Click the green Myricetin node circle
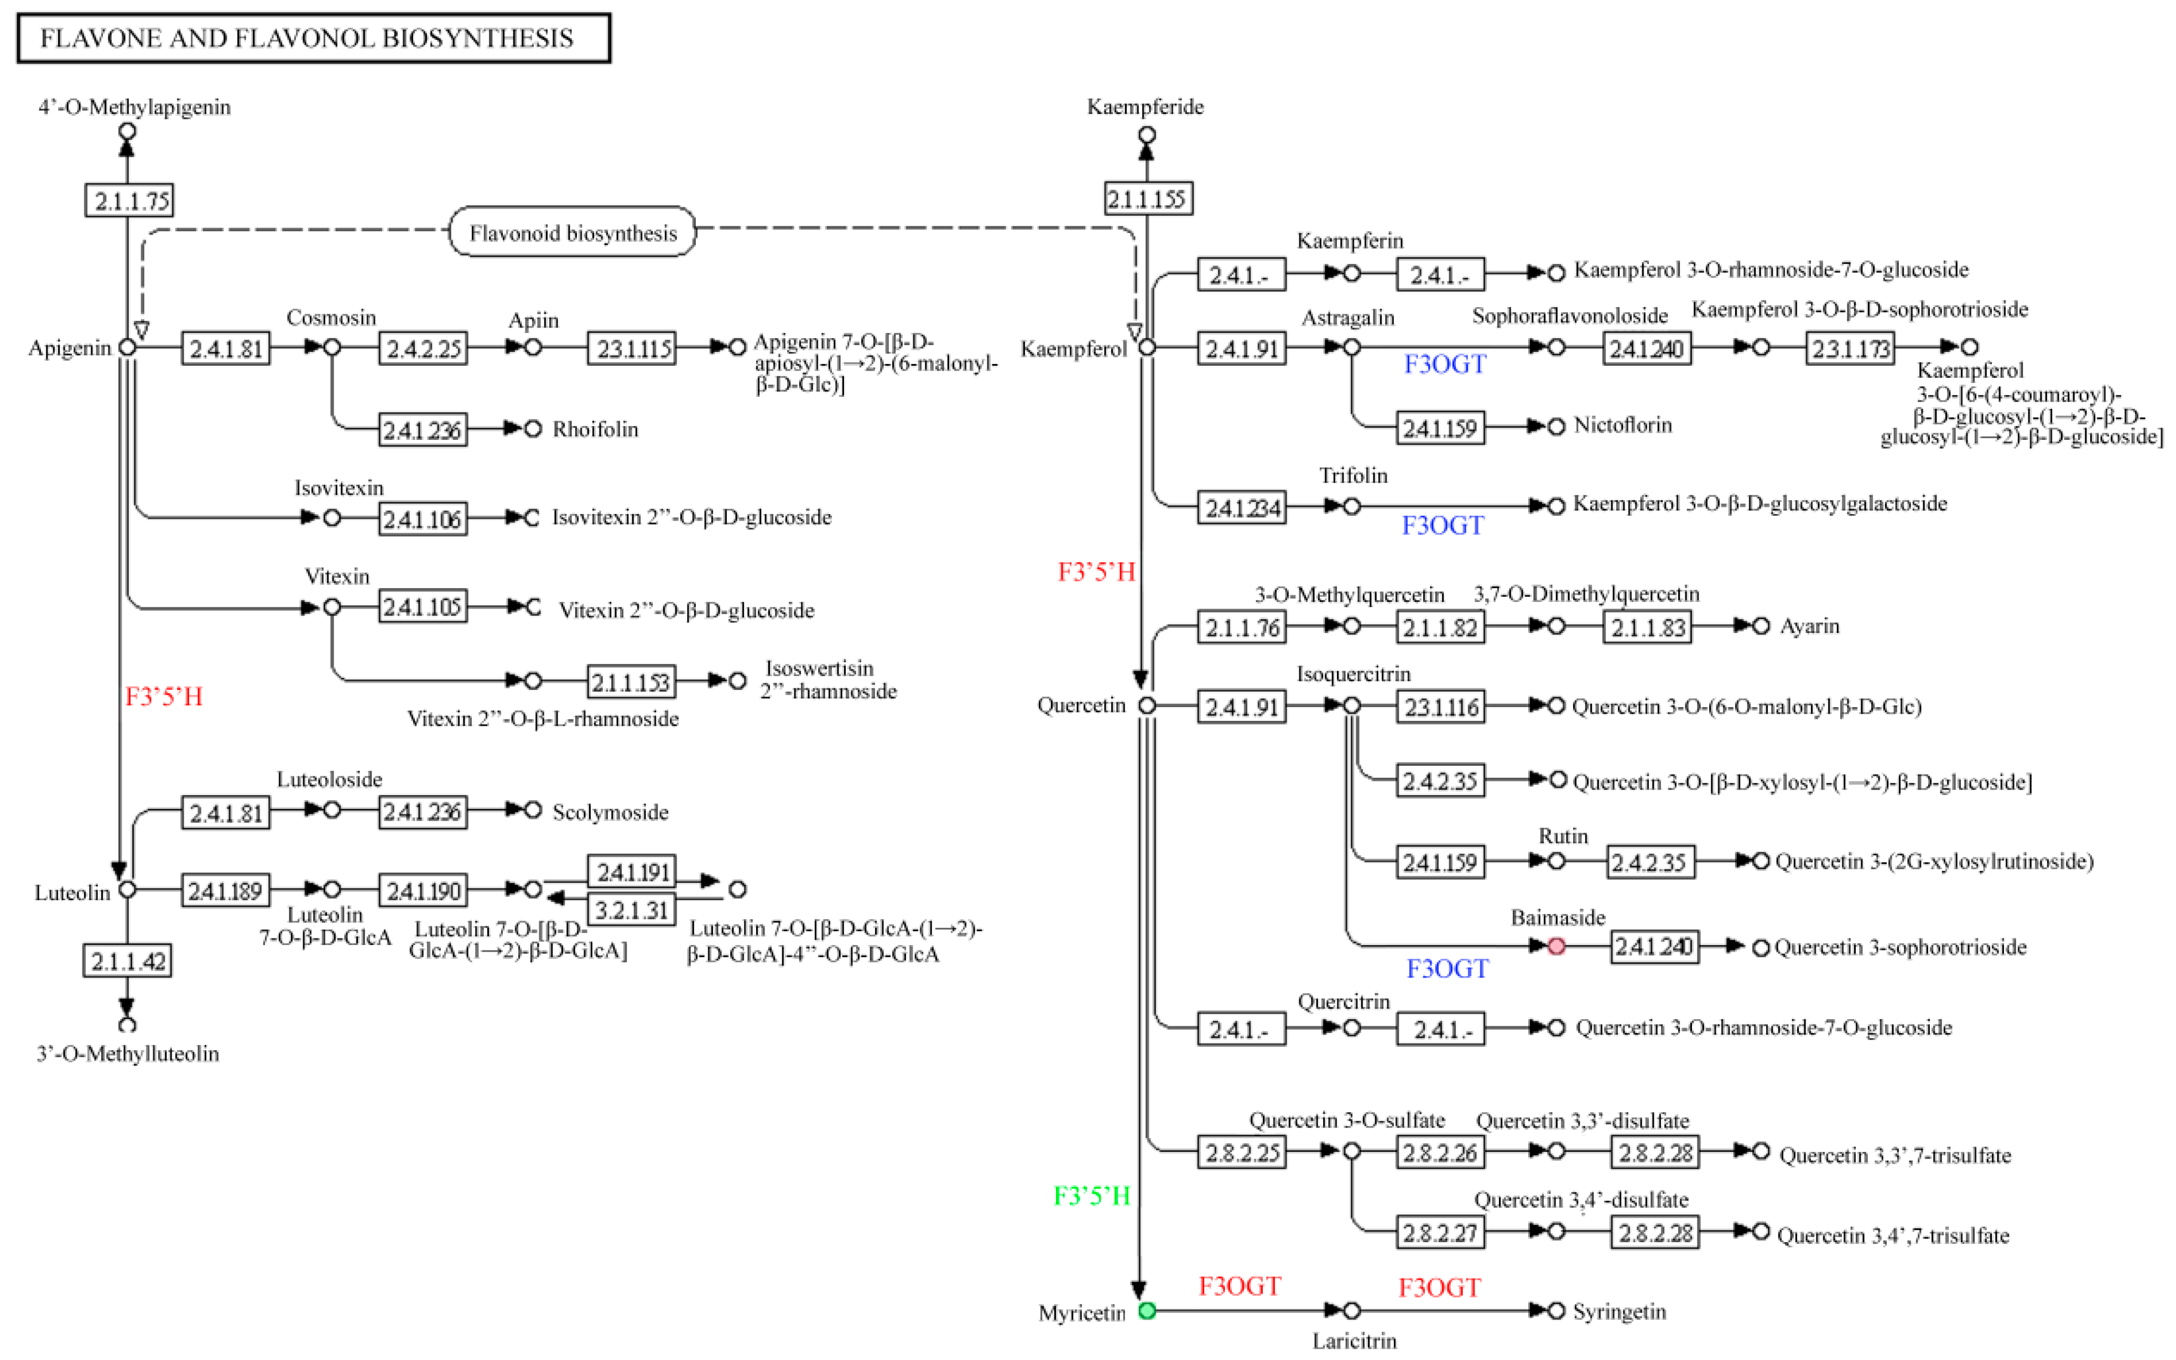(1147, 1311)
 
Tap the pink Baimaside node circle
(1556, 946)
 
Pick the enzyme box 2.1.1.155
(1147, 198)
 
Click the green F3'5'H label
(1092, 1196)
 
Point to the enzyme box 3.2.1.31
(631, 910)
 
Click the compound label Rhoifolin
(595, 429)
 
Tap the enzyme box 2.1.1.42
(128, 961)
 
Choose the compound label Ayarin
(1809, 626)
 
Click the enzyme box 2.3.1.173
(1850, 348)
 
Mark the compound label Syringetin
(1618, 1311)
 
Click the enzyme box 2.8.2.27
(1440, 1232)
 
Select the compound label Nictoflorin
(1622, 425)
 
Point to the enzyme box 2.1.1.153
(631, 682)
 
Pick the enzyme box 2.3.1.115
(631, 348)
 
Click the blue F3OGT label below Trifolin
(1442, 525)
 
